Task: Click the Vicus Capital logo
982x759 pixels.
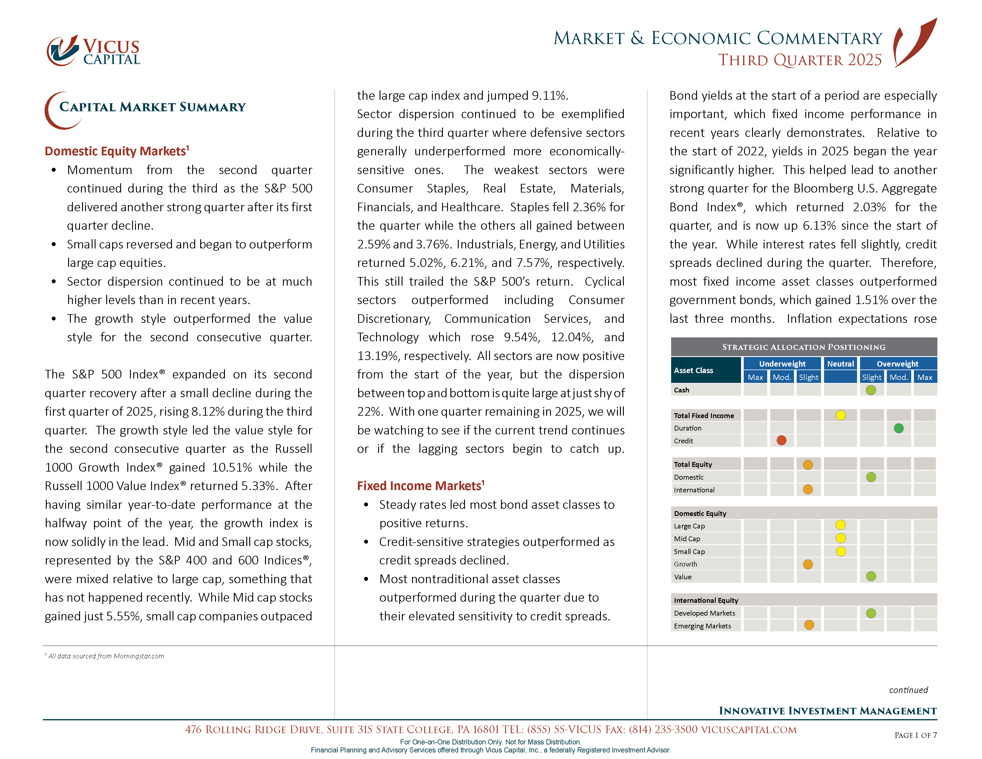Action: (x=93, y=50)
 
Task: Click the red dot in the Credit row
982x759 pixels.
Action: (x=781, y=441)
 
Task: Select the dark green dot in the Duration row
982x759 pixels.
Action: (x=898, y=428)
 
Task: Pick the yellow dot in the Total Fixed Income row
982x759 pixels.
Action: (x=840, y=415)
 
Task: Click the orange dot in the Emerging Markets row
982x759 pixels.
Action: (x=809, y=625)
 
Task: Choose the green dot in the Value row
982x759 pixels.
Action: (x=871, y=576)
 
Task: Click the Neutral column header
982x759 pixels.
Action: (x=840, y=364)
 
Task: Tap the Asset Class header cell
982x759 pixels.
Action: (x=705, y=370)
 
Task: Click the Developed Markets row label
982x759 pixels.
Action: (x=704, y=613)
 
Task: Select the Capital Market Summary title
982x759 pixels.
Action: (x=152, y=107)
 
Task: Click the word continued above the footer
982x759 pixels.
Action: (x=908, y=690)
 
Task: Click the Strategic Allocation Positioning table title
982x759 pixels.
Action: (x=804, y=347)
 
